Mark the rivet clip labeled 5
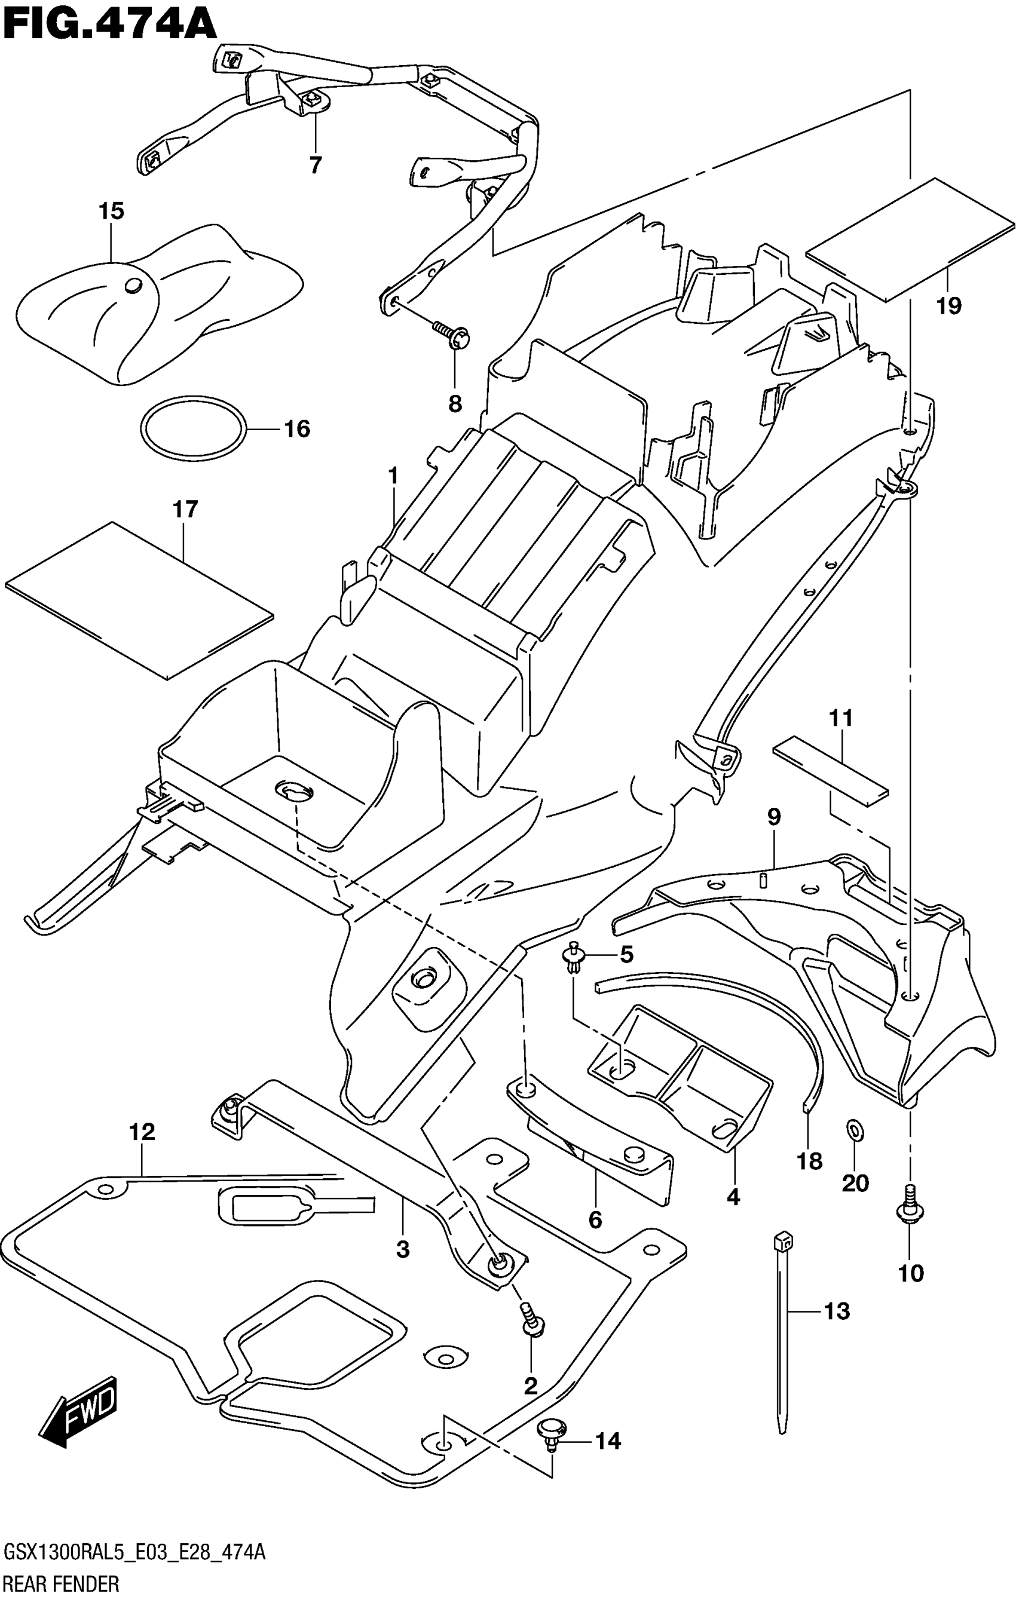[x=572, y=958]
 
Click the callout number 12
[x=142, y=1131]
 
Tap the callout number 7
[x=316, y=164]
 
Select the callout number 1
[x=393, y=476]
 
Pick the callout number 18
[x=810, y=1161]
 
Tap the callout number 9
[x=773, y=816]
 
